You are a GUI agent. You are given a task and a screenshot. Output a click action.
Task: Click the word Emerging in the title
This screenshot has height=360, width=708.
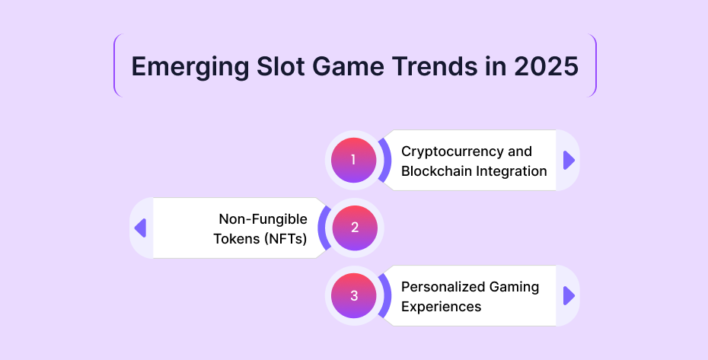pos(190,67)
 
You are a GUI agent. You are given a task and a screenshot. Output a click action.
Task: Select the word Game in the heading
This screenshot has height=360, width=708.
pos(348,66)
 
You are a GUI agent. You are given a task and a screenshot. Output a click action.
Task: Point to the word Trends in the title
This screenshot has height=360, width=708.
pos(434,66)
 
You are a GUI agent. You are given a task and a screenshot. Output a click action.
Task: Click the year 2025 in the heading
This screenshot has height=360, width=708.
pos(547,66)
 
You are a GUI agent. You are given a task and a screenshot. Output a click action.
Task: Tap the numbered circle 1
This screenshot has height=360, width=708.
pos(353,160)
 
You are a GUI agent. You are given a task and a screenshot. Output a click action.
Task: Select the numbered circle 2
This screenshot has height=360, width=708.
pos(355,228)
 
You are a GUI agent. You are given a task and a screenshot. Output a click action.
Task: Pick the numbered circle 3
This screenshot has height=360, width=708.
pos(353,295)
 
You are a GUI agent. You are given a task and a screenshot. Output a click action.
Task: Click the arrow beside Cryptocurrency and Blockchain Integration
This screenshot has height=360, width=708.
pos(569,161)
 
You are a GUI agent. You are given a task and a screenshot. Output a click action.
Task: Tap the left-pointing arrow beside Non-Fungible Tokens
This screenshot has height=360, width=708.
pos(140,228)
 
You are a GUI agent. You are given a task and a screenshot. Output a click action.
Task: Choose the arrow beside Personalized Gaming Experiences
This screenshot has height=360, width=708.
pos(569,296)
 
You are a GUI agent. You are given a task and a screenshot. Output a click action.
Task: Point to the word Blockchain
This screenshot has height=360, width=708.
pos(433,171)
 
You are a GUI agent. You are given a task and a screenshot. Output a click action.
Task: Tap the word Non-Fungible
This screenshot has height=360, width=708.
pos(263,219)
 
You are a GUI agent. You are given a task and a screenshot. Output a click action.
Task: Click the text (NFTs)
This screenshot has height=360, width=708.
pos(285,239)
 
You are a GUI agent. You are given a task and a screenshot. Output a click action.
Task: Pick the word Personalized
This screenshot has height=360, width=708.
pos(439,287)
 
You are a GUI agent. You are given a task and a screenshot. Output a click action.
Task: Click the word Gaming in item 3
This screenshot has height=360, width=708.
pos(511,288)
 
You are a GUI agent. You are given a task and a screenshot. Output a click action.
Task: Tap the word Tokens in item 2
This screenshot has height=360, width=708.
pos(236,239)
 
